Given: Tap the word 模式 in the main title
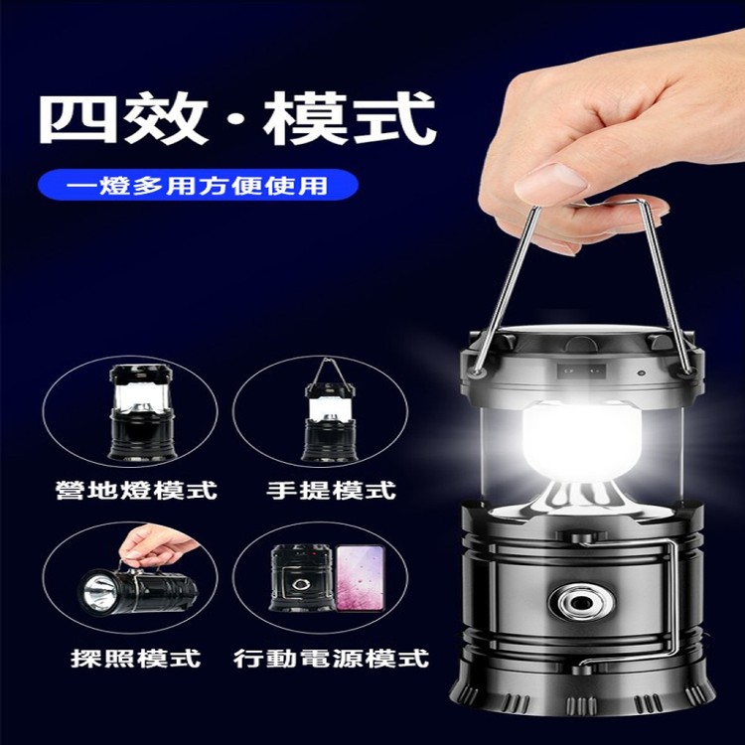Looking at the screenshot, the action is (x=350, y=118).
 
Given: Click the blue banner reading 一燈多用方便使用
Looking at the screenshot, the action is (x=198, y=185).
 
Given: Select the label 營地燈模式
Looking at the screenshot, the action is (x=136, y=491).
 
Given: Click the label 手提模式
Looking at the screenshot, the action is (x=331, y=491).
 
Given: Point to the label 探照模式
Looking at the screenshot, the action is (x=136, y=658).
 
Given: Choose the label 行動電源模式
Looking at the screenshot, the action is (x=331, y=658).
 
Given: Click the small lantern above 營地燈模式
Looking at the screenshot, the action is (x=142, y=412).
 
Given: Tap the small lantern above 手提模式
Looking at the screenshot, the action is (x=330, y=409).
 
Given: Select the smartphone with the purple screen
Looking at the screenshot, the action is (x=361, y=578).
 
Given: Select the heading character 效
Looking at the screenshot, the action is (x=165, y=118).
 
